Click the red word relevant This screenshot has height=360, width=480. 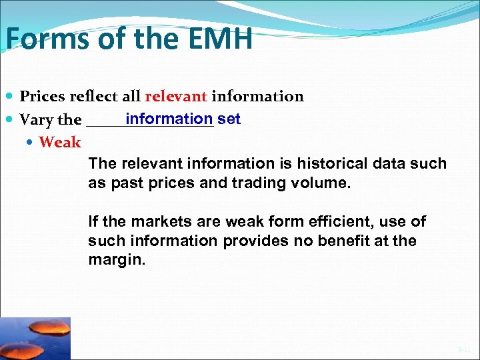coord(176,97)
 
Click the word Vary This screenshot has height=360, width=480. coord(36,121)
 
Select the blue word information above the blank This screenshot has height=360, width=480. coord(169,119)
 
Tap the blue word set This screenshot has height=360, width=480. coord(229,119)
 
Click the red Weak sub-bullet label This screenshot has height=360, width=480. coord(60,142)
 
